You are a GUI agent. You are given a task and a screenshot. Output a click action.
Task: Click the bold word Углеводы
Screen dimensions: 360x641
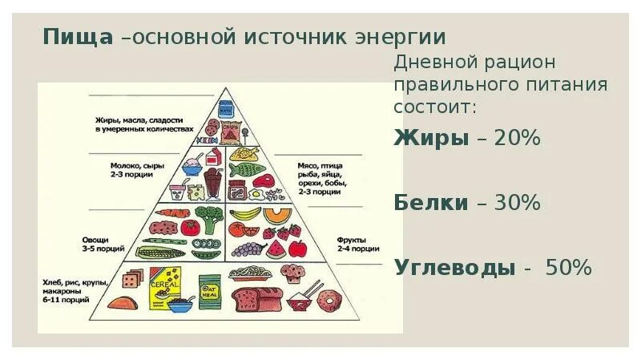coord(454,268)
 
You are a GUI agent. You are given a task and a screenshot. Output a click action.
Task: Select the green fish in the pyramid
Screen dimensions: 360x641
coord(248,170)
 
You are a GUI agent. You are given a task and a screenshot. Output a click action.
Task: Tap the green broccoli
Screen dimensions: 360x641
coord(210,216)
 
